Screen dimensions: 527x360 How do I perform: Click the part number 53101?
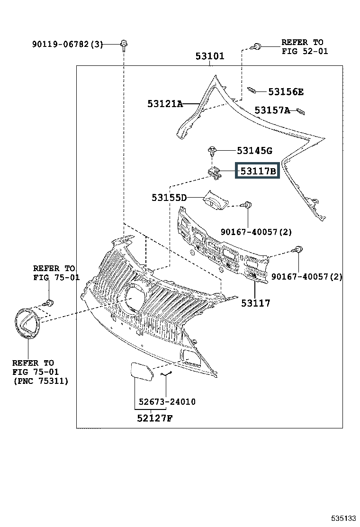(x=210, y=56)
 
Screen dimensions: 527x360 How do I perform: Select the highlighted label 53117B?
(x=258, y=171)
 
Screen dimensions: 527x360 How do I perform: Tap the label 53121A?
(x=164, y=104)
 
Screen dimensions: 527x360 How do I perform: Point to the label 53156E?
(x=286, y=92)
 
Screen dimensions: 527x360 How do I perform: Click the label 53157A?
(x=272, y=110)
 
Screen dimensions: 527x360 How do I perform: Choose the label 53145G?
(x=254, y=151)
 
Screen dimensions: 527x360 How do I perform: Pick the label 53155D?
(x=169, y=198)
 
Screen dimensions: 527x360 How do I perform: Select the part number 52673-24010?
(x=167, y=402)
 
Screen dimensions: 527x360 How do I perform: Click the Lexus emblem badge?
(x=27, y=323)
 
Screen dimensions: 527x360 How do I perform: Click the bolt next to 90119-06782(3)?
(x=123, y=45)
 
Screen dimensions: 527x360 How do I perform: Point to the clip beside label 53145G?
(x=213, y=152)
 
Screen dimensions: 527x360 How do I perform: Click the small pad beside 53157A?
(x=300, y=112)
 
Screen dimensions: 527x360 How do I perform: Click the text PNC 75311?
(x=41, y=381)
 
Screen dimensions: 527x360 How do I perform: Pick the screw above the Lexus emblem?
(x=48, y=302)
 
